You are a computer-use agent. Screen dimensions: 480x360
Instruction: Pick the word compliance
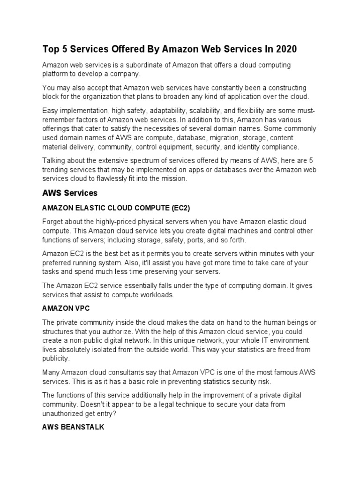[277, 147]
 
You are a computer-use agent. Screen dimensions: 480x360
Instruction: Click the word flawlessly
[119, 179]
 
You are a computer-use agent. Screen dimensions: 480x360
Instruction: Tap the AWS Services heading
[70, 193]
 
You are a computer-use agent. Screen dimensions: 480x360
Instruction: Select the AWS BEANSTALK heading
[73, 427]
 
